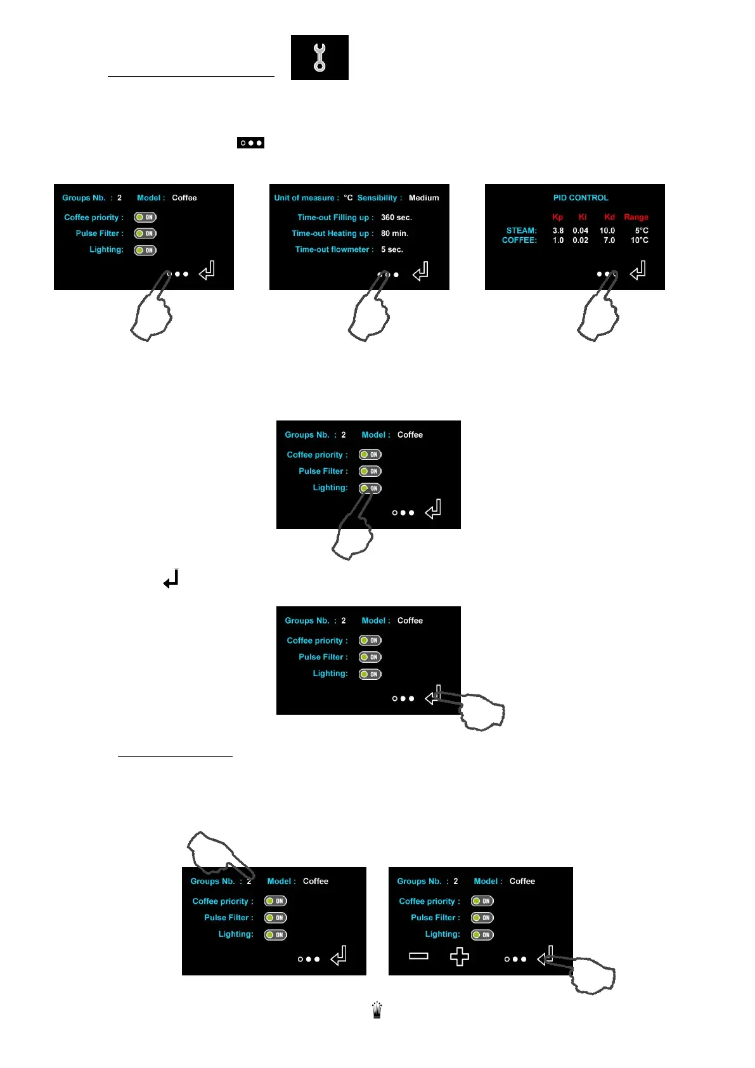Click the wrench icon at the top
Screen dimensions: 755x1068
(319, 57)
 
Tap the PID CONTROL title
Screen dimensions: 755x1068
(580, 198)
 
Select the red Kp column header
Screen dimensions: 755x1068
(557, 217)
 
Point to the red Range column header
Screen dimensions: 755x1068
(636, 217)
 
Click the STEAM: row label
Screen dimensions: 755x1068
(521, 230)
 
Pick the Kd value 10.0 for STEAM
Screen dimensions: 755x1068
(607, 230)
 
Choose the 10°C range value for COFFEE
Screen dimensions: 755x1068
(639, 240)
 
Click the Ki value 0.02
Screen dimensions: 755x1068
(580, 240)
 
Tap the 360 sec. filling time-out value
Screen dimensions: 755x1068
(396, 218)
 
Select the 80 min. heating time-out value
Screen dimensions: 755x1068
(394, 233)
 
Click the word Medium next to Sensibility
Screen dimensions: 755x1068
(423, 198)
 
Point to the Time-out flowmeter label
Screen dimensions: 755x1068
(334, 250)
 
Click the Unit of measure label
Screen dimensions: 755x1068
(306, 198)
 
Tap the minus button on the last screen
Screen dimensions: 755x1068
(418, 956)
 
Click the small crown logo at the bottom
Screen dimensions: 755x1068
(377, 1010)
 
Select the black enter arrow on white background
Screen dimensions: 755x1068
(171, 579)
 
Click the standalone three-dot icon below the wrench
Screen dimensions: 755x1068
(250, 143)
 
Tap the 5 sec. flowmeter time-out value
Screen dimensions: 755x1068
(392, 250)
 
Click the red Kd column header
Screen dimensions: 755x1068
(609, 217)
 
